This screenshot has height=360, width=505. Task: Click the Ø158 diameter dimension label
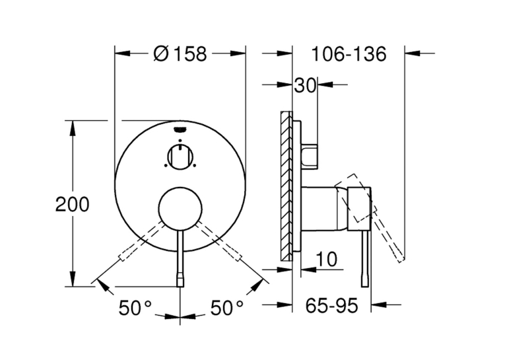[180, 54]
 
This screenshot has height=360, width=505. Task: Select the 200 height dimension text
[72, 204]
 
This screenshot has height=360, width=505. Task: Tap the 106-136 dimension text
[349, 54]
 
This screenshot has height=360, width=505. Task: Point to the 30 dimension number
[305, 86]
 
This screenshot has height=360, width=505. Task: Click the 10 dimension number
[327, 259]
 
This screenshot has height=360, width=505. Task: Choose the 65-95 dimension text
[331, 305]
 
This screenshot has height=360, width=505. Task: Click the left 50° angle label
[135, 308]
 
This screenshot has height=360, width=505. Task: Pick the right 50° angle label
[226, 308]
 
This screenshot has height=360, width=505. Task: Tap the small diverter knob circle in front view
[180, 157]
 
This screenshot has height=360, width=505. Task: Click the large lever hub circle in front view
[180, 209]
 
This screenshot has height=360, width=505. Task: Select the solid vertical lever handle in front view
[180, 258]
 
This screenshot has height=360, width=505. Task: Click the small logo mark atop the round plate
[180, 129]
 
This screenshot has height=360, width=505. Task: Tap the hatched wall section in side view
[286, 186]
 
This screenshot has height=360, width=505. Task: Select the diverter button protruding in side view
[310, 156]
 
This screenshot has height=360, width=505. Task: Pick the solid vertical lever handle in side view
[365, 258]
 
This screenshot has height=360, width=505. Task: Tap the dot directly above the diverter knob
[180, 141]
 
